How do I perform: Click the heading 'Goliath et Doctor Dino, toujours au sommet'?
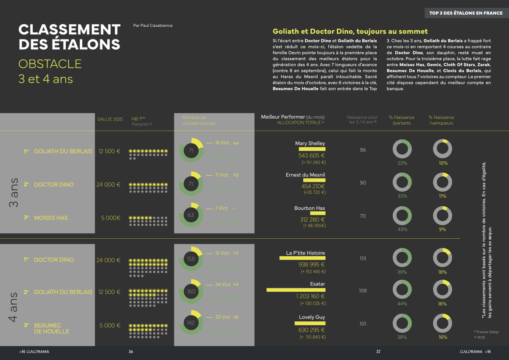(x=350, y=31)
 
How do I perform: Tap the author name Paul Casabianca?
(x=152, y=25)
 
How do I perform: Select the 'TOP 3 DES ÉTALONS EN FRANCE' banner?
(x=466, y=13)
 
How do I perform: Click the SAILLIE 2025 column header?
(x=110, y=119)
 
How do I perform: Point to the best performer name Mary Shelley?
(x=310, y=143)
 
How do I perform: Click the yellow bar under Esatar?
(x=296, y=290)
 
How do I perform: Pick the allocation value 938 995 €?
(x=311, y=264)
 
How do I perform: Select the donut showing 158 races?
(x=190, y=259)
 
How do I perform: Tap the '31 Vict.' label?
(x=223, y=253)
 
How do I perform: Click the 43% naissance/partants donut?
(x=402, y=215)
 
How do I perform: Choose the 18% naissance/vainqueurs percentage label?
(x=442, y=272)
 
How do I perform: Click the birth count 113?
(x=363, y=259)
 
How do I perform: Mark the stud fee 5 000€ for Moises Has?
(x=111, y=218)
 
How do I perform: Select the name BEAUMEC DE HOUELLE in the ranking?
(x=51, y=328)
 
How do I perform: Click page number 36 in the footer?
(x=131, y=352)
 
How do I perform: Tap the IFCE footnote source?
(x=480, y=338)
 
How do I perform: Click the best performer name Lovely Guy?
(x=312, y=317)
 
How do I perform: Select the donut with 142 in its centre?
(x=190, y=323)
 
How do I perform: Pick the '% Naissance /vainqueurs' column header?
(x=441, y=120)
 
